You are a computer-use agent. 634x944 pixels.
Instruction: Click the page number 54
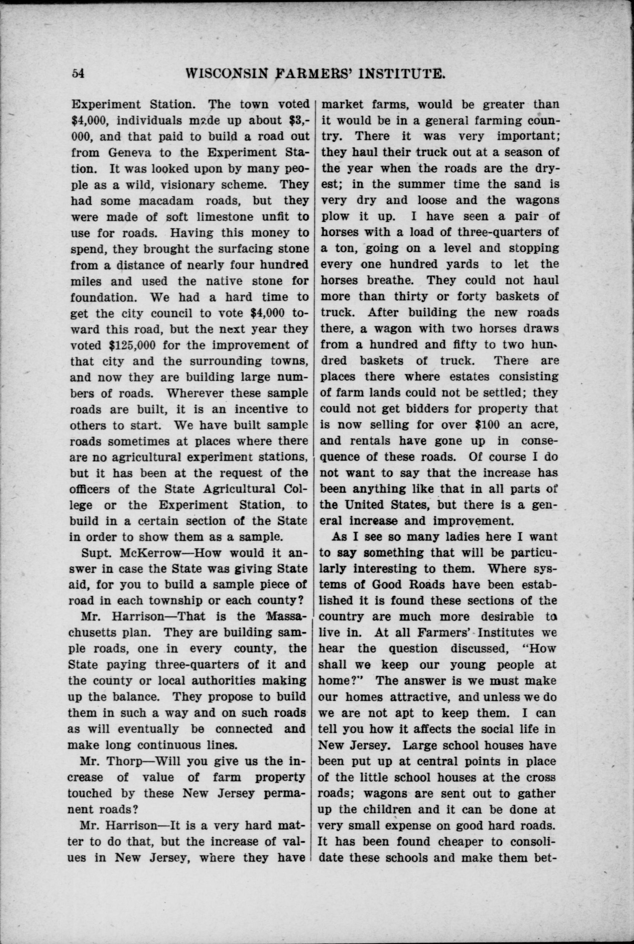[78, 74]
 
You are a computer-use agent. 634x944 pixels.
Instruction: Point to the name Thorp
[122, 761]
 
